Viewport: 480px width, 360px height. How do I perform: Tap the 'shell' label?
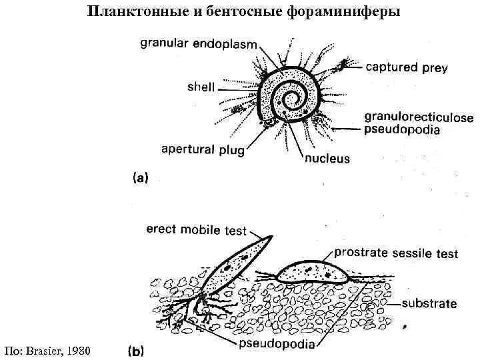click(x=201, y=86)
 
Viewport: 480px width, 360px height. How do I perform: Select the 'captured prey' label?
click(x=406, y=67)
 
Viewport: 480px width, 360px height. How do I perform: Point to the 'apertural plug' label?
click(x=203, y=149)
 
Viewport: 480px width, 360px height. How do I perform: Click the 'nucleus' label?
click(x=327, y=159)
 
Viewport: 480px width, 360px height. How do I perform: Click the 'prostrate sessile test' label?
click(x=395, y=253)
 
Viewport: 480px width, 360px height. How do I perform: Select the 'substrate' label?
click(x=429, y=303)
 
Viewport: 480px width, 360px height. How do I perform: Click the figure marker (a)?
click(x=141, y=178)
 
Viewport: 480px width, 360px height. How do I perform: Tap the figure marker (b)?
click(x=136, y=349)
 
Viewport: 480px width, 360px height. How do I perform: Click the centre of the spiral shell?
click(x=291, y=101)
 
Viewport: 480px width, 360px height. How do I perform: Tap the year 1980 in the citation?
click(x=78, y=350)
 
